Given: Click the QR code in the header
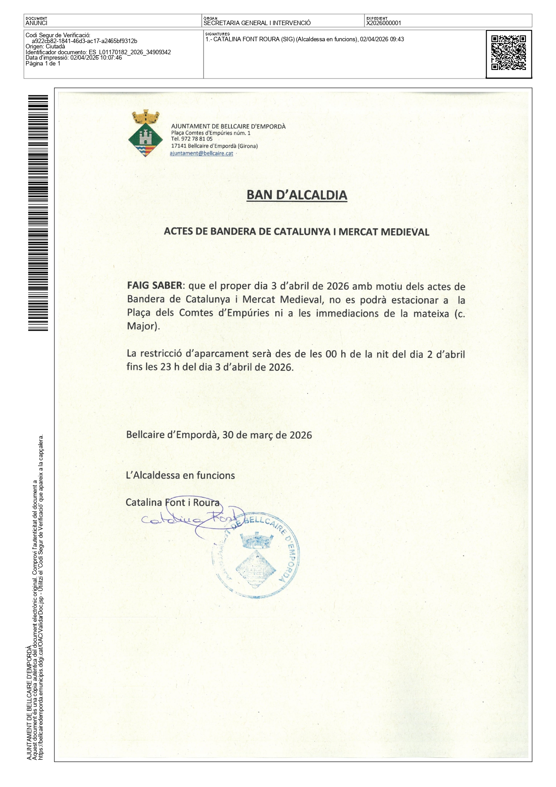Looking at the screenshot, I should pos(508,53).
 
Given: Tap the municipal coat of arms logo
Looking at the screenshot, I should pos(145,134).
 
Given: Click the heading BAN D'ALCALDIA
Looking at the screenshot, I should pos(297,195).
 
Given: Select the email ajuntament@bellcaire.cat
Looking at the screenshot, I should pos(201,153).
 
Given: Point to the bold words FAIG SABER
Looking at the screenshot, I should pos(154,286).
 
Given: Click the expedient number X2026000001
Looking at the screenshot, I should pos(384,23).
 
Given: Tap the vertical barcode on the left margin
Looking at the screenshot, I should pos(38,213).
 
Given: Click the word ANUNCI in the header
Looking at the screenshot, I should pos(36,23).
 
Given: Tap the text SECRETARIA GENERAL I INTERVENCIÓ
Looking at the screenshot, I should pos(257,23).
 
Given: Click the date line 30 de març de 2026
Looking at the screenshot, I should pos(267,435).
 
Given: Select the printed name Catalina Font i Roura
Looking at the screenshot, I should pos(173,503).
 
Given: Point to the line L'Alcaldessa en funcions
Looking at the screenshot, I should pos(180,475).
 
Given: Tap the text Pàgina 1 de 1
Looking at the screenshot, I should pos(43,64).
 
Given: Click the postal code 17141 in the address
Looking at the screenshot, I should pos(178,146).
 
